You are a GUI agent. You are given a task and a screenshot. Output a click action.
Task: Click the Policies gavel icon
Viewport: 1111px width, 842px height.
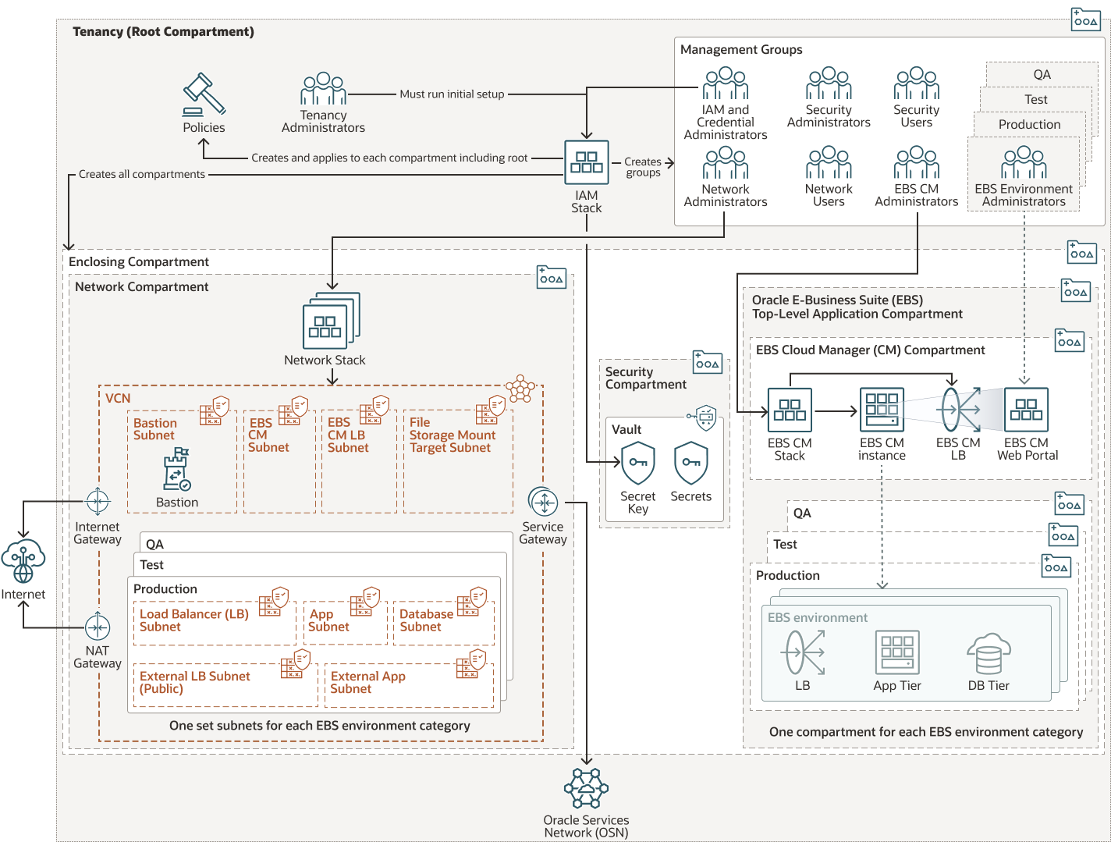coord(204,94)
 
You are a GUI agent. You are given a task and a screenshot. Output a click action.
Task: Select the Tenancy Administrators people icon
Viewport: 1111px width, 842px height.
coord(323,88)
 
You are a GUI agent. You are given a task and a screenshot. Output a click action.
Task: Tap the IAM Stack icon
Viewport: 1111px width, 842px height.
coord(587,162)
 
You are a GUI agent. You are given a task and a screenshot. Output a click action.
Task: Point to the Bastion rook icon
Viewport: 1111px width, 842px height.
coord(177,469)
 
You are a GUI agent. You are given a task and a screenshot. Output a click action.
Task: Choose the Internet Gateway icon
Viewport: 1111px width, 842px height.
coord(98,501)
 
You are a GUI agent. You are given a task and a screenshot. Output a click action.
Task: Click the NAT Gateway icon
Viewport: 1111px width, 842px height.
coord(98,627)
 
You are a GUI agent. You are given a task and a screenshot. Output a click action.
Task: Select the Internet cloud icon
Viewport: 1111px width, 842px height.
coord(23,560)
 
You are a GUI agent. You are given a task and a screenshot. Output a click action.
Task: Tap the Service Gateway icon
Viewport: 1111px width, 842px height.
coord(543,501)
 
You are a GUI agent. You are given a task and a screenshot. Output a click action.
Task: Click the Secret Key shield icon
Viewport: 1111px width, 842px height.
coord(637,464)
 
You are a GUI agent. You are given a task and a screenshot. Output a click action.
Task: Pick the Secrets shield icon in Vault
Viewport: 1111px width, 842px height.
coord(690,464)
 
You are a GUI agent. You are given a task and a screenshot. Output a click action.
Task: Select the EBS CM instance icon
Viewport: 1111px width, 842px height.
coord(882,410)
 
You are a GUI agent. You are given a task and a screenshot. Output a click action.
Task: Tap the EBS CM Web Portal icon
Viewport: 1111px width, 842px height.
coord(1026,410)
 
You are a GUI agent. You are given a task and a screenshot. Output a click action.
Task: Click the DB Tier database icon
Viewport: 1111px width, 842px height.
coord(989,653)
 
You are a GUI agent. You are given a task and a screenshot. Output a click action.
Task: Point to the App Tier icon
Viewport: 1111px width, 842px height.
coord(897,652)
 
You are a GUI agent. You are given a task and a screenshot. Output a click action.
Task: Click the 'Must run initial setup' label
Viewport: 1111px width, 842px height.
coord(452,94)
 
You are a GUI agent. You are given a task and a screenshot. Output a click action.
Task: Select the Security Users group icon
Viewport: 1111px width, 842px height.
coord(916,83)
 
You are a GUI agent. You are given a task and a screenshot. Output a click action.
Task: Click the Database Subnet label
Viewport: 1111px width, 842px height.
coord(426,620)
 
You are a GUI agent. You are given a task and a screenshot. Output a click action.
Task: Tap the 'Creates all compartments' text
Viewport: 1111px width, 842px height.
coord(142,174)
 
